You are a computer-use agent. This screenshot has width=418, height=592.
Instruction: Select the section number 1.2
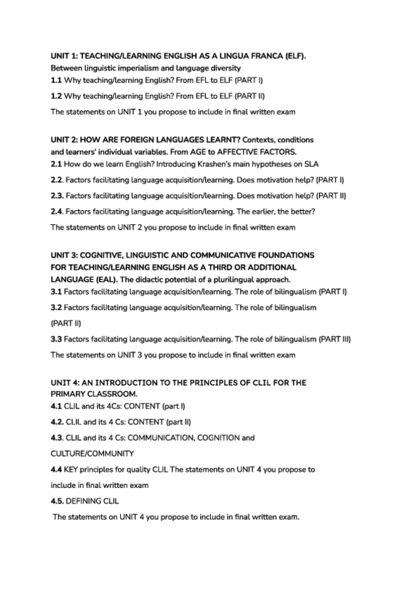tap(57, 96)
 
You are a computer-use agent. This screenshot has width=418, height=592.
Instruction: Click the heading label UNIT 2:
tap(65, 140)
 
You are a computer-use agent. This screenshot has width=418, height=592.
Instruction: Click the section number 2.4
tap(57, 212)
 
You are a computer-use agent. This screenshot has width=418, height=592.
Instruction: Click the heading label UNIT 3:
tap(65, 255)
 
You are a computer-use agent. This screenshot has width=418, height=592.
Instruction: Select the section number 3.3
tap(57, 339)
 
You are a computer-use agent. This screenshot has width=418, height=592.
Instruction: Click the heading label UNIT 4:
tap(65, 383)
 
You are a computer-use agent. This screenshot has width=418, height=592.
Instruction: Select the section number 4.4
tap(57, 469)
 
